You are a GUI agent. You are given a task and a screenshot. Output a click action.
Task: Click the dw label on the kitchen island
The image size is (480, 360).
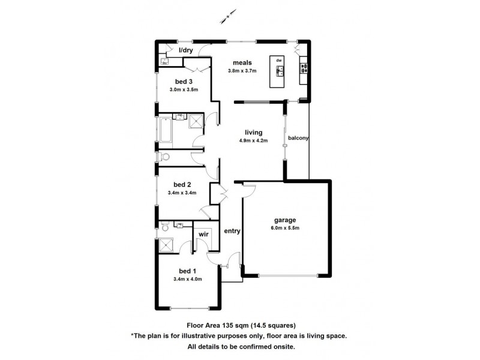279,61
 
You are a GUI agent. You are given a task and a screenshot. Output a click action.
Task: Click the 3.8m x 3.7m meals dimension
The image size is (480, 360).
242,71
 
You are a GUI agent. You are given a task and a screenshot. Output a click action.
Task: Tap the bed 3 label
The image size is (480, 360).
183,82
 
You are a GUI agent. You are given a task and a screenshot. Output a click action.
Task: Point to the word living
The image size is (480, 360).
253,133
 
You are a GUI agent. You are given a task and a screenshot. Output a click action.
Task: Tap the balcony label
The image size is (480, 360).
298,138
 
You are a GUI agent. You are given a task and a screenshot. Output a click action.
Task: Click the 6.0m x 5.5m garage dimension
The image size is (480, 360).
285,228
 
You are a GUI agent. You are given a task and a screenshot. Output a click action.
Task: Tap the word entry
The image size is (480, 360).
232,230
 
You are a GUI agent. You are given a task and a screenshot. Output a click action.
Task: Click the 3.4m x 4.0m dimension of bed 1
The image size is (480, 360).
187,278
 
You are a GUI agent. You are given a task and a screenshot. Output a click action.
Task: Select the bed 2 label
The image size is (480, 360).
182,184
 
